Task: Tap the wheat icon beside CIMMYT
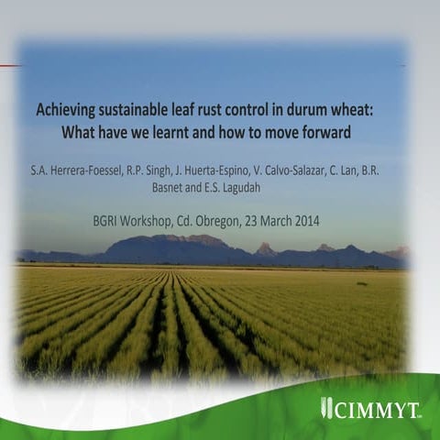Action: coord(326,407)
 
